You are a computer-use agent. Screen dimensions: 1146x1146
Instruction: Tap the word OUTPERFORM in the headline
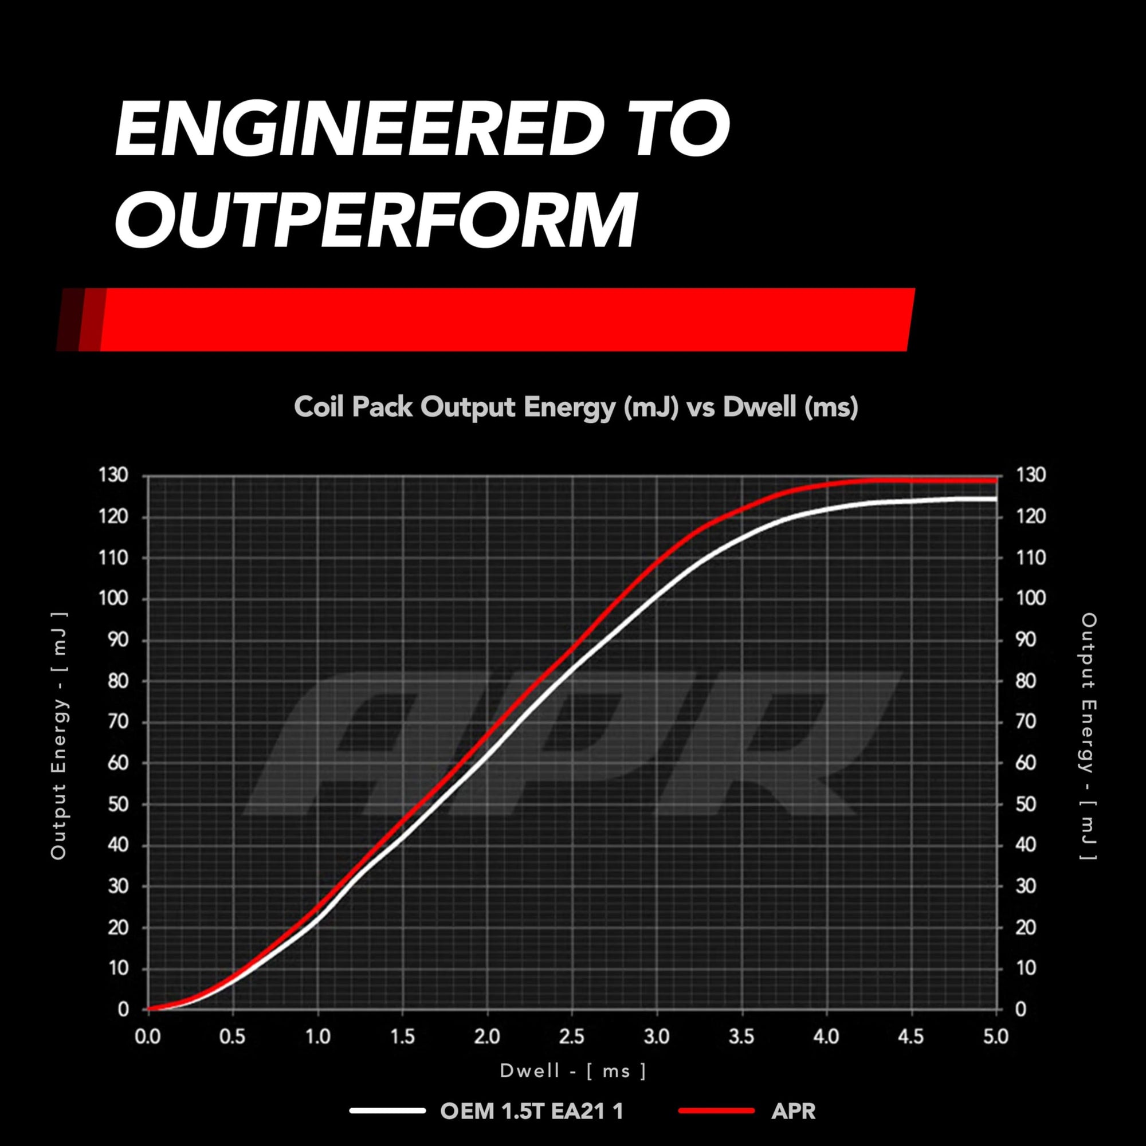click(x=376, y=219)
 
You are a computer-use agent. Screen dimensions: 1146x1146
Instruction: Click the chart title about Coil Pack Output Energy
click(x=576, y=407)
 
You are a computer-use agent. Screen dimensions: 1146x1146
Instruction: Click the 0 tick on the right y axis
click(x=1021, y=1009)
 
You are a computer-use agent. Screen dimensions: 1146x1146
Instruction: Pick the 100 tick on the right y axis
click(x=1031, y=599)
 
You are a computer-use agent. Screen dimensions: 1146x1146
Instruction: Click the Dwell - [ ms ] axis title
click(x=573, y=1071)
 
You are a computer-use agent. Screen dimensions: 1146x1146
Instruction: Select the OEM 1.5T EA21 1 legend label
click(x=532, y=1111)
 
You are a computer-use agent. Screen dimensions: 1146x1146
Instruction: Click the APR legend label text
click(x=794, y=1111)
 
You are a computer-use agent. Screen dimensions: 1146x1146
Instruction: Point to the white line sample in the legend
click(x=387, y=1110)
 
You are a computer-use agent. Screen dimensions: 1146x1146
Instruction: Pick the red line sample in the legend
click(x=717, y=1110)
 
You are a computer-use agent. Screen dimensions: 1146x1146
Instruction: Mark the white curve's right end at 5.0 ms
click(x=996, y=499)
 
